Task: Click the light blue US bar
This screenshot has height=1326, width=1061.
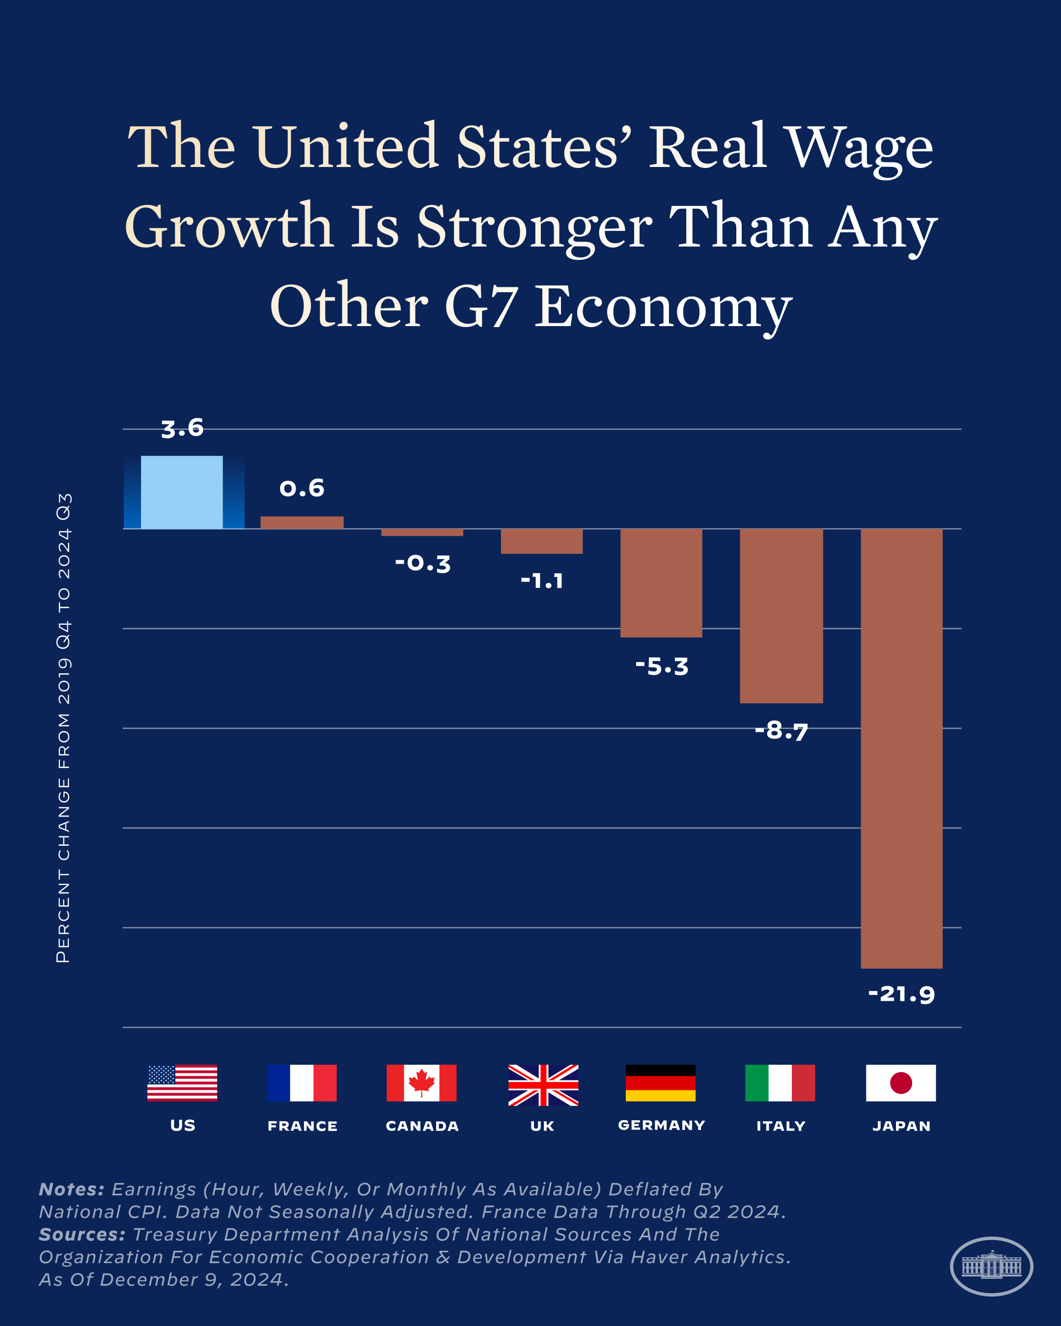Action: pyautogui.click(x=182, y=492)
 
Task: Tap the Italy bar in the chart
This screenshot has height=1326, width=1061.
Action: pyautogui.click(x=781, y=615)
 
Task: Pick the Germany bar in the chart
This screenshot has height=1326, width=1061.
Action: pyautogui.click(x=661, y=582)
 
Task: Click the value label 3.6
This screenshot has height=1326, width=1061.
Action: pyautogui.click(x=182, y=428)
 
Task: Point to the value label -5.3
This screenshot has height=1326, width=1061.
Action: pyautogui.click(x=662, y=666)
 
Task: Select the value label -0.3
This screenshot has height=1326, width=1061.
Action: pyautogui.click(x=422, y=563)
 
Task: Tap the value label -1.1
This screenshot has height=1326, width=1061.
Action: pyautogui.click(x=542, y=580)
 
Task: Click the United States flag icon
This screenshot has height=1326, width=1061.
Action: pyautogui.click(x=182, y=1083)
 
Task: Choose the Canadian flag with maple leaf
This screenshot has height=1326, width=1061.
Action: pyautogui.click(x=421, y=1083)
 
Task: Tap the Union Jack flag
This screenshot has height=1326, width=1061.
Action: pyautogui.click(x=543, y=1085)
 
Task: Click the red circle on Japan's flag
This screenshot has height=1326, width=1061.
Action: pyautogui.click(x=900, y=1083)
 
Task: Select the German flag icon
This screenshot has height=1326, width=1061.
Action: pyautogui.click(x=661, y=1083)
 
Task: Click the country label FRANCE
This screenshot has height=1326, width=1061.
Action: pyautogui.click(x=302, y=1126)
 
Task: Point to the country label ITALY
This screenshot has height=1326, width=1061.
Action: pyautogui.click(x=781, y=1126)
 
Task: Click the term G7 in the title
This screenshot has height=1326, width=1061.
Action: pyautogui.click(x=479, y=305)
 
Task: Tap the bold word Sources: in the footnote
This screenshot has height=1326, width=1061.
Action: pyautogui.click(x=82, y=1234)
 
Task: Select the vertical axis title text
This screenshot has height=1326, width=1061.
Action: pyautogui.click(x=64, y=727)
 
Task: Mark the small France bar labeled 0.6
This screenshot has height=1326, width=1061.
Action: pyautogui.click(x=302, y=522)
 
